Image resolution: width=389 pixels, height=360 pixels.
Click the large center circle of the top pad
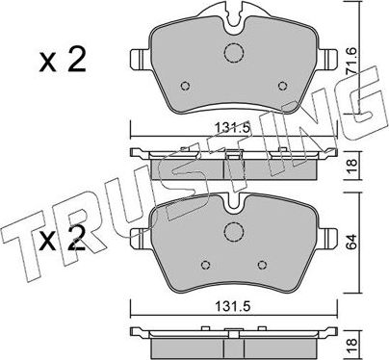(x=235, y=55)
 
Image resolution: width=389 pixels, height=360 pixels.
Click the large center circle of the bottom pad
(x=235, y=231)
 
